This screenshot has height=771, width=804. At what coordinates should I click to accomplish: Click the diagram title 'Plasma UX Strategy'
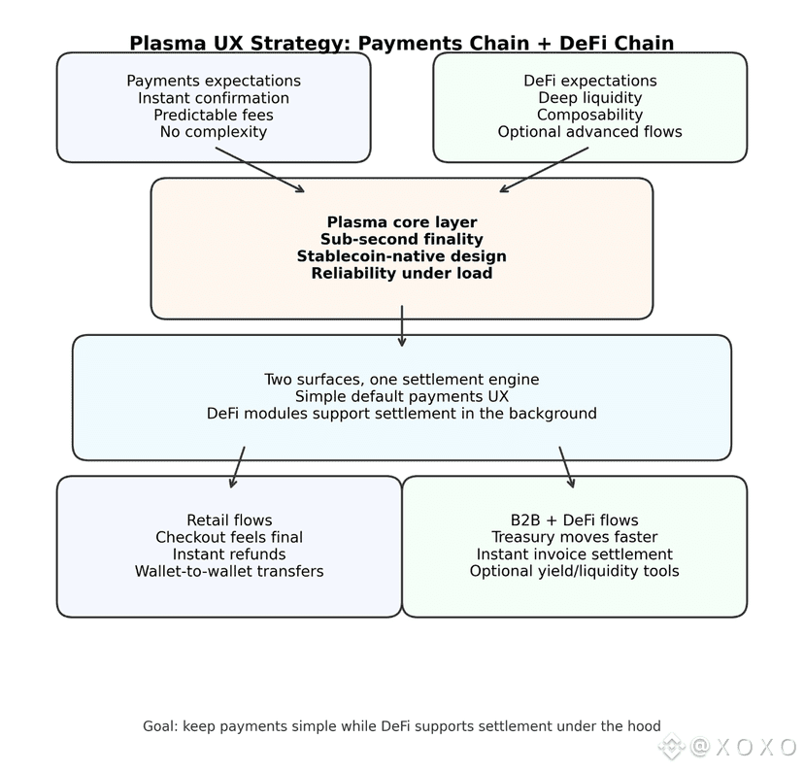pyautogui.click(x=401, y=44)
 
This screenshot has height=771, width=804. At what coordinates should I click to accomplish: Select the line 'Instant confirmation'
pyautogui.click(x=214, y=98)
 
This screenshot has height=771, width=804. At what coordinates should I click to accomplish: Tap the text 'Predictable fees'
pyautogui.click(x=214, y=115)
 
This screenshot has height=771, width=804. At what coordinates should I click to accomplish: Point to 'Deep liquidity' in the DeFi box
pyautogui.click(x=590, y=98)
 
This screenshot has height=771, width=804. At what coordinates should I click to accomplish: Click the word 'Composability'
pyautogui.click(x=590, y=115)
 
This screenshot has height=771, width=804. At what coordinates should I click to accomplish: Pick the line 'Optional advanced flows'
pyautogui.click(x=590, y=132)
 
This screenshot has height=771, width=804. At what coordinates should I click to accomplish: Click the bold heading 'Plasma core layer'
pyautogui.click(x=402, y=222)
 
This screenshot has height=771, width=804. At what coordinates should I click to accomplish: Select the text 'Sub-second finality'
pyautogui.click(x=402, y=240)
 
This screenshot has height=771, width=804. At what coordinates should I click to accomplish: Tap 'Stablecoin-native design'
pyautogui.click(x=402, y=256)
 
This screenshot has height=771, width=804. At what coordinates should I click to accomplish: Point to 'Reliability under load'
pyautogui.click(x=402, y=274)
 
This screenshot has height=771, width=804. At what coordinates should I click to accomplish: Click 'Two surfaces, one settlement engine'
pyautogui.click(x=402, y=380)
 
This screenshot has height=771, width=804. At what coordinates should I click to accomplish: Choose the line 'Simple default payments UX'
pyautogui.click(x=402, y=396)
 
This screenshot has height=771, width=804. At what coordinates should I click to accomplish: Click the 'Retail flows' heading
pyautogui.click(x=229, y=520)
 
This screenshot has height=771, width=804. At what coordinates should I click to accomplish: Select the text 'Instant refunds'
pyautogui.click(x=229, y=554)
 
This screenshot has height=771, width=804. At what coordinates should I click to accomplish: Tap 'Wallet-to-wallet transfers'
pyautogui.click(x=229, y=572)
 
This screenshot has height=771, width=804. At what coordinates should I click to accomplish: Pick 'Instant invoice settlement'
pyautogui.click(x=575, y=554)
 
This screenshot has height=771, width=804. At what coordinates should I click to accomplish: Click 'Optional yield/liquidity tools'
pyautogui.click(x=575, y=572)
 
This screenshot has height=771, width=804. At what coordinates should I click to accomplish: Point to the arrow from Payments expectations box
pyautogui.click(x=260, y=170)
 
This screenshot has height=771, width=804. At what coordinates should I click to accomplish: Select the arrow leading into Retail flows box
pyautogui.click(x=238, y=467)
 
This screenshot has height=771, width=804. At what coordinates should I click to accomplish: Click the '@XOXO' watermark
pyautogui.click(x=743, y=747)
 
